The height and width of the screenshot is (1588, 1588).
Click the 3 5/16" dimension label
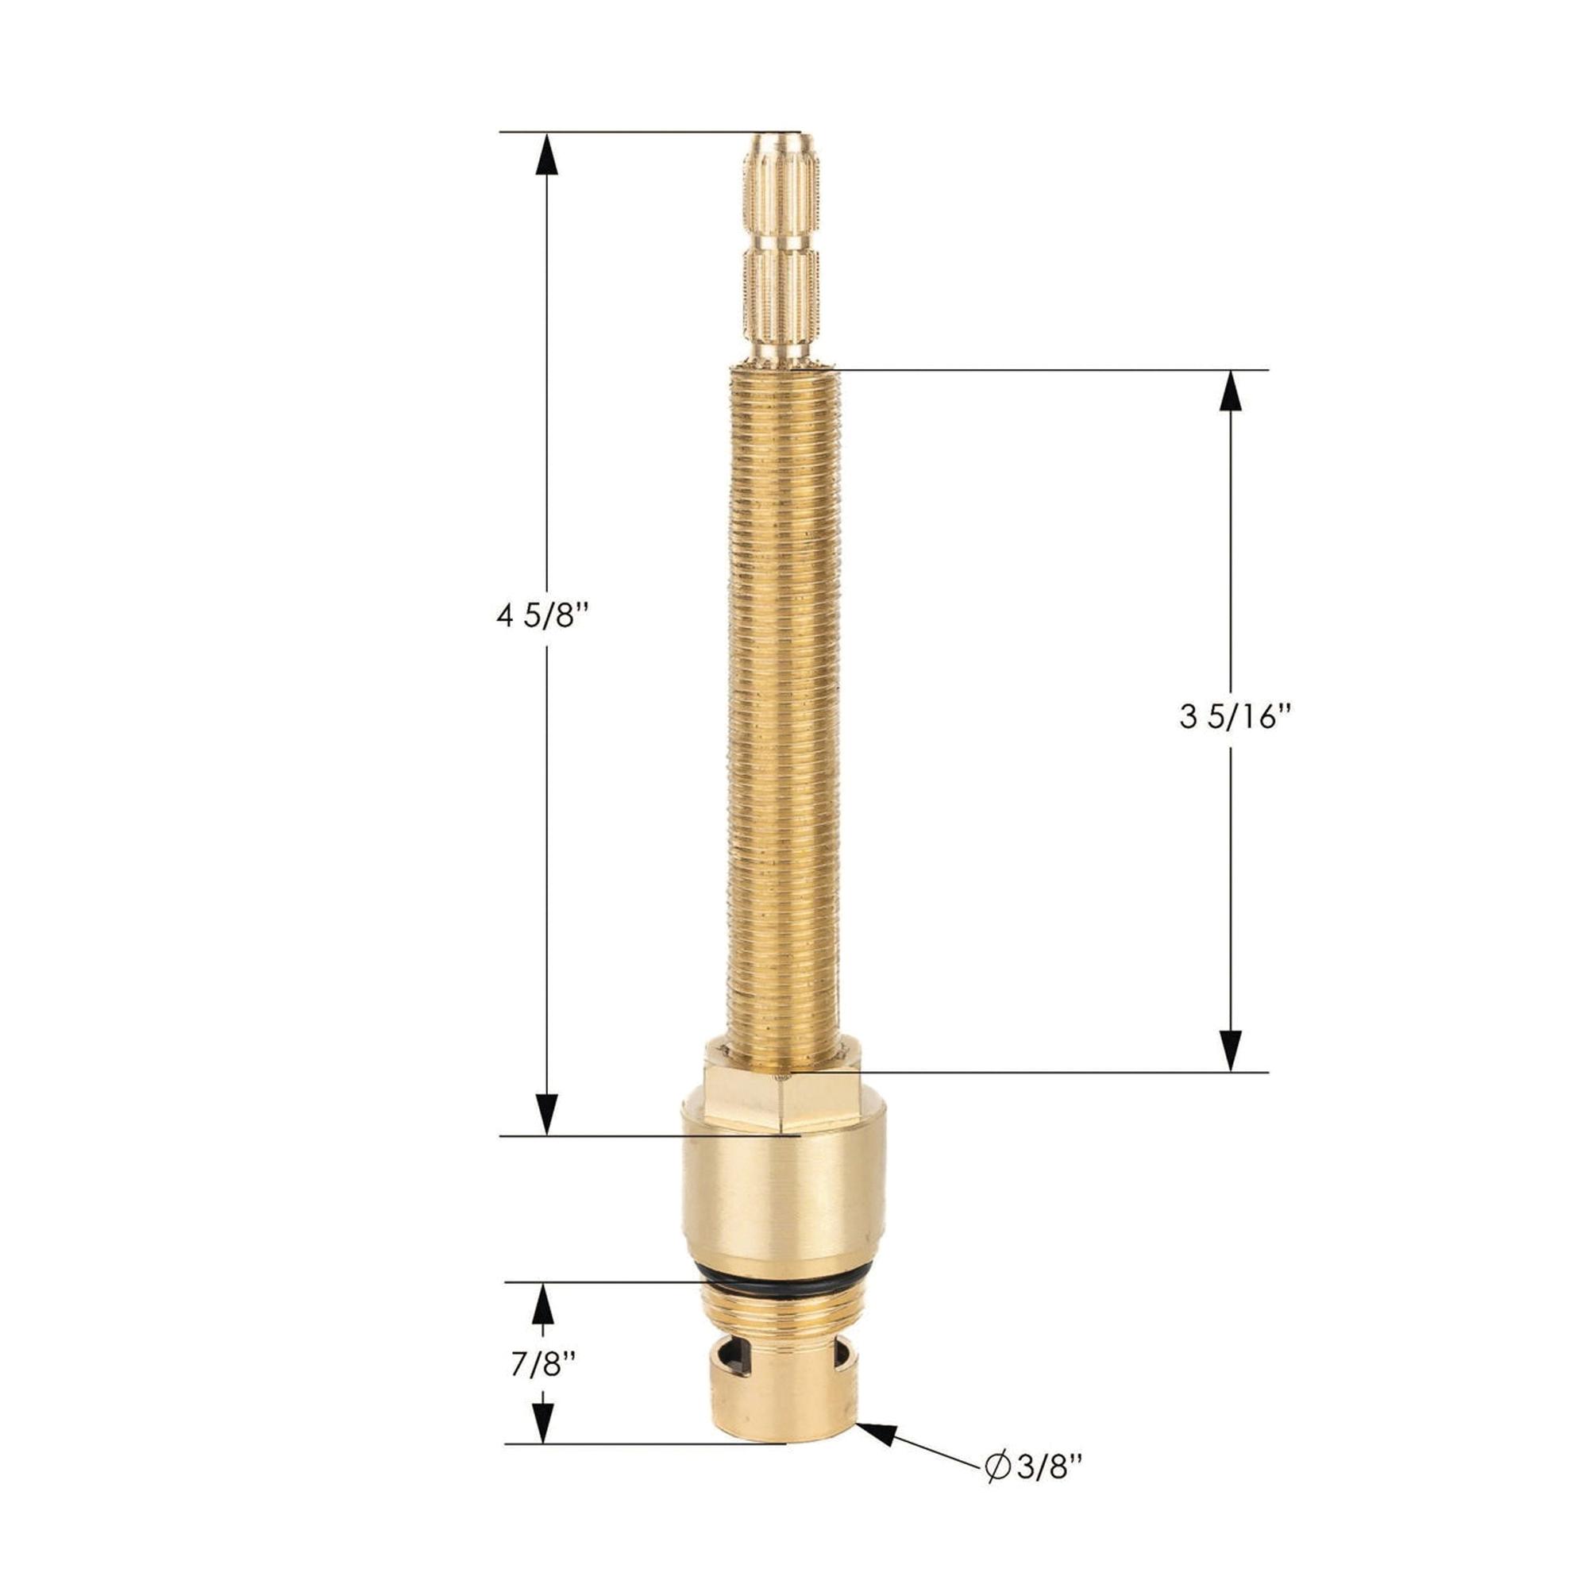coord(1231,719)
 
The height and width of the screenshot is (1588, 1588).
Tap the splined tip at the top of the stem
coord(781,247)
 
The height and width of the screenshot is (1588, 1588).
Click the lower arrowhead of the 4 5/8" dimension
coord(547,1115)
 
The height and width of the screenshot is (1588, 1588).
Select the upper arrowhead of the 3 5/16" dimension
coord(1231,393)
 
